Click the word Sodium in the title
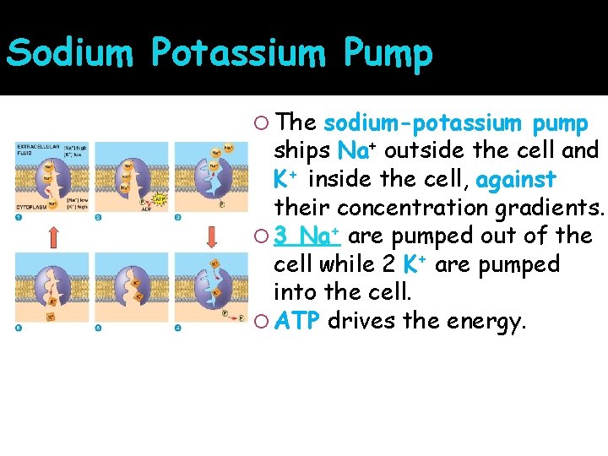click(x=69, y=53)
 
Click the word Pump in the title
click(x=388, y=53)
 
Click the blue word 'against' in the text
click(x=516, y=180)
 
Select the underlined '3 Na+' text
click(x=306, y=236)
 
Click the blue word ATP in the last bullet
click(x=296, y=321)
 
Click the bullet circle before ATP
click(x=261, y=322)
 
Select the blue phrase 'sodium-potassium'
click(x=422, y=123)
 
